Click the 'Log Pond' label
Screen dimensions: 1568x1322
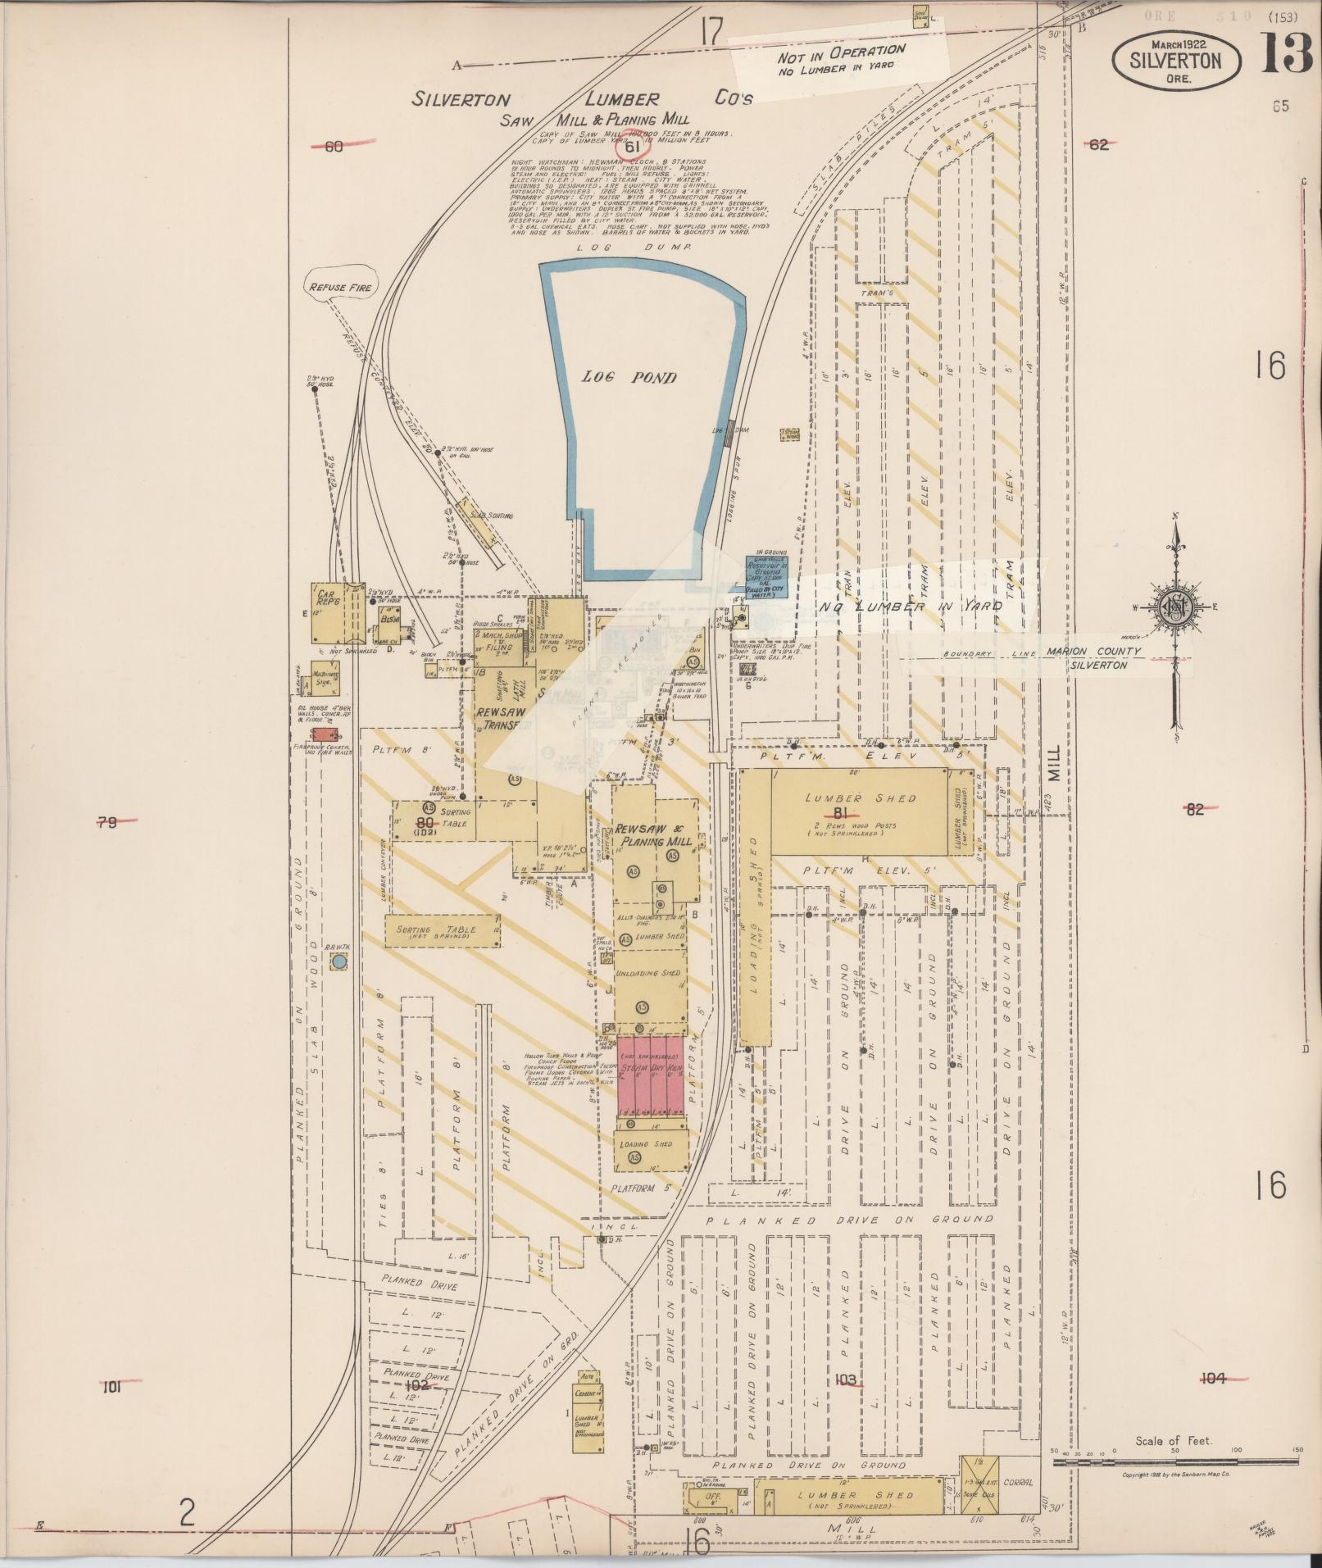629,378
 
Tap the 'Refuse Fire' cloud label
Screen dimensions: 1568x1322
339,288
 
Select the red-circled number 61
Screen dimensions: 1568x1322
631,147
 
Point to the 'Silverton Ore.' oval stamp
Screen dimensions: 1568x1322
1175,61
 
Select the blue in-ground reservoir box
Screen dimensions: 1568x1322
766,577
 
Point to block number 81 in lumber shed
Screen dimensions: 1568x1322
838,812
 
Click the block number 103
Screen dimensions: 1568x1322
845,1379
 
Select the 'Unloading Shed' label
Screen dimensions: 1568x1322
647,973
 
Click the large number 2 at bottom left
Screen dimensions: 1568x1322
188,1512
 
